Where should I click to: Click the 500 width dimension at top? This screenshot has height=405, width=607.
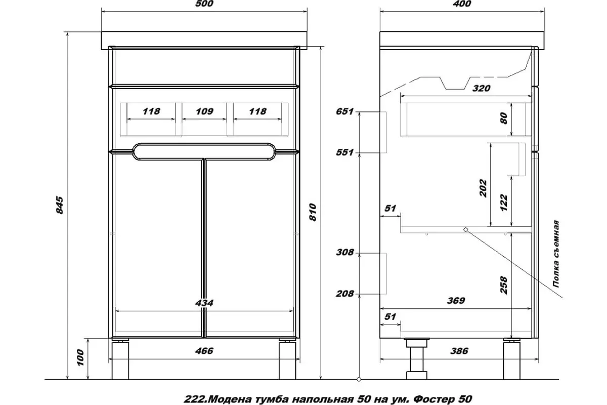pos(204,4)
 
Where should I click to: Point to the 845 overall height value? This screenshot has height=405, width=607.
pos(60,205)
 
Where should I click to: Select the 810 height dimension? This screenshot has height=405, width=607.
pos(313,212)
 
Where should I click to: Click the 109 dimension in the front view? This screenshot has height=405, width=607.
pos(204,111)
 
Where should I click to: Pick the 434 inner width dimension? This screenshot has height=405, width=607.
pos(204,303)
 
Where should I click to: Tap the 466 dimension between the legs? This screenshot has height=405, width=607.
pos(204,351)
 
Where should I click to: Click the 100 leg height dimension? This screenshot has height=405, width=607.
pos(80,357)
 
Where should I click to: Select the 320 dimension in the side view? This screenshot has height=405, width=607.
pos(481,88)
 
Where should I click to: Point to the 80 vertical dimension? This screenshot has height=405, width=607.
pos(504,118)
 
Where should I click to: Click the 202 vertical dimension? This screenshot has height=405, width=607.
pos(483,188)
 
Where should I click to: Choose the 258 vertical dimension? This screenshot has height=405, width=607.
pos(504,285)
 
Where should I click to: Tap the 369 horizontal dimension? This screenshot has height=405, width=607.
pos(456,300)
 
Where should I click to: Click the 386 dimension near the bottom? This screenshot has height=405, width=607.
pos(459,351)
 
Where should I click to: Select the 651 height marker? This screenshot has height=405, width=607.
pos(344,111)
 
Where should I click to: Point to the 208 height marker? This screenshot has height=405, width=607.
pos(344,293)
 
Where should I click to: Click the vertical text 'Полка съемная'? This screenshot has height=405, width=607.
pos(556,254)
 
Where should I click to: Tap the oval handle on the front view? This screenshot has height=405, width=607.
pos(204,151)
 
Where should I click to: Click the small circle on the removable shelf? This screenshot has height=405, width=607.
pos(465,229)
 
